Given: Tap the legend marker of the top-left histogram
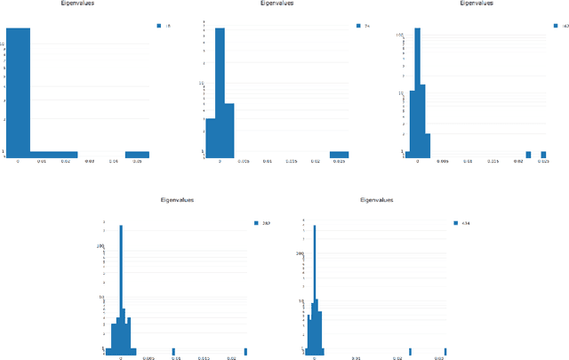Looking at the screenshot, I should [x=158, y=27].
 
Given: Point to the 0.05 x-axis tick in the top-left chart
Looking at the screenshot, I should [x=137, y=162].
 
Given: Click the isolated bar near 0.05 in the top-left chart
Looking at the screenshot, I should [x=137, y=155].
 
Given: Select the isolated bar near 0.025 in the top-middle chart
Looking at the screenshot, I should [x=339, y=155].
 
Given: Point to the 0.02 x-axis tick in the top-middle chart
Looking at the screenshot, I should [x=315, y=162].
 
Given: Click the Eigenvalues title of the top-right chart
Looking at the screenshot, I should [x=477, y=4].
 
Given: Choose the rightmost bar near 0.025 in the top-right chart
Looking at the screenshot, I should [x=542, y=155].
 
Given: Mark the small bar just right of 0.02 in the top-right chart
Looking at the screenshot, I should [x=527, y=155].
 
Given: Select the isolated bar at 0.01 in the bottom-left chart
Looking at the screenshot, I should [x=173, y=350].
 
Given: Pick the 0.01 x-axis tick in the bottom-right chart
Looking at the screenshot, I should [x=356, y=358].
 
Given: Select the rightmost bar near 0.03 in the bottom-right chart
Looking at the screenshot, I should [x=445, y=350].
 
